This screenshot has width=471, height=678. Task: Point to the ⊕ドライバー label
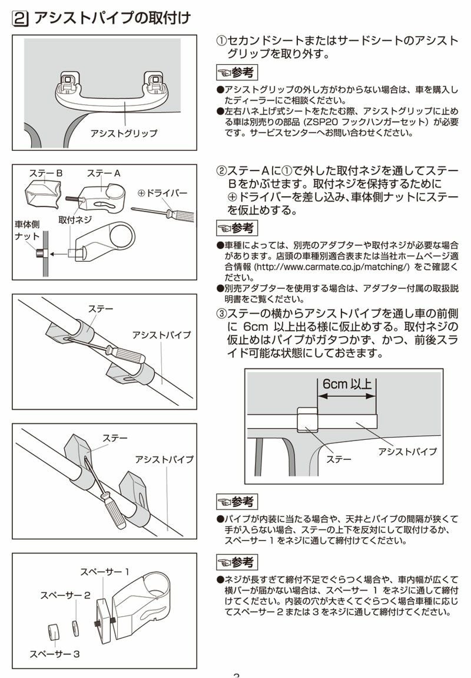point(162,193)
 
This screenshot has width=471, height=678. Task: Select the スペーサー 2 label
point(65,595)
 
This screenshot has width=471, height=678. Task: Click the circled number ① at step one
point(221,41)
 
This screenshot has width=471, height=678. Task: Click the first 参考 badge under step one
point(237,73)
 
